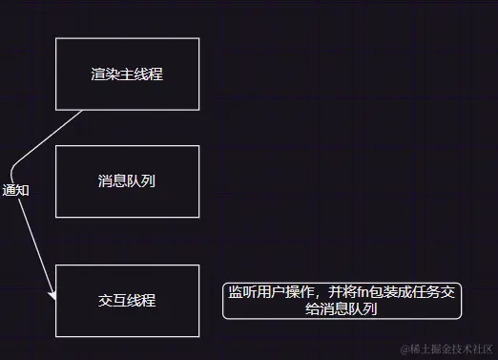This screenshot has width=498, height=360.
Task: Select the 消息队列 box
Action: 127,180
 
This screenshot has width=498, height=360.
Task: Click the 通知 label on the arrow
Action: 16,190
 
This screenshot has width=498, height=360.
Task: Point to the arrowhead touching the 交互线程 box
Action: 53,299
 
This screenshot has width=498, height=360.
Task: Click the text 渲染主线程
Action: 127,74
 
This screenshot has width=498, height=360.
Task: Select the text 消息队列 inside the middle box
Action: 127,180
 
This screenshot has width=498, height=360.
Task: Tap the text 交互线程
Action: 127,300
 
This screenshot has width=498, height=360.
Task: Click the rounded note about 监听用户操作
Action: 342,301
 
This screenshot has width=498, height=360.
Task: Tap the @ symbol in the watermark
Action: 405,349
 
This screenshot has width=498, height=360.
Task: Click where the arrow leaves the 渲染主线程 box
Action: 83,110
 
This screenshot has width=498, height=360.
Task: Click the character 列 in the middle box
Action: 149,180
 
